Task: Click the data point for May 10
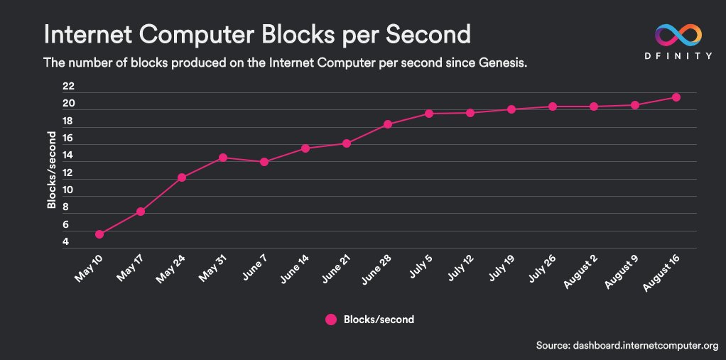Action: point(99,234)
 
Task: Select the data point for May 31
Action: point(223,158)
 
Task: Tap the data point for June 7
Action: point(264,162)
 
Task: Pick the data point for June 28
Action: point(388,124)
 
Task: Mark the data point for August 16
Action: point(676,97)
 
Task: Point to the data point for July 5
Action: point(429,114)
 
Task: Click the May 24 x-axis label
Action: point(171,268)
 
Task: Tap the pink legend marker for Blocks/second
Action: point(330,320)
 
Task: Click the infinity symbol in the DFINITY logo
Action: point(678,34)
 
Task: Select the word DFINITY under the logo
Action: point(678,55)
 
